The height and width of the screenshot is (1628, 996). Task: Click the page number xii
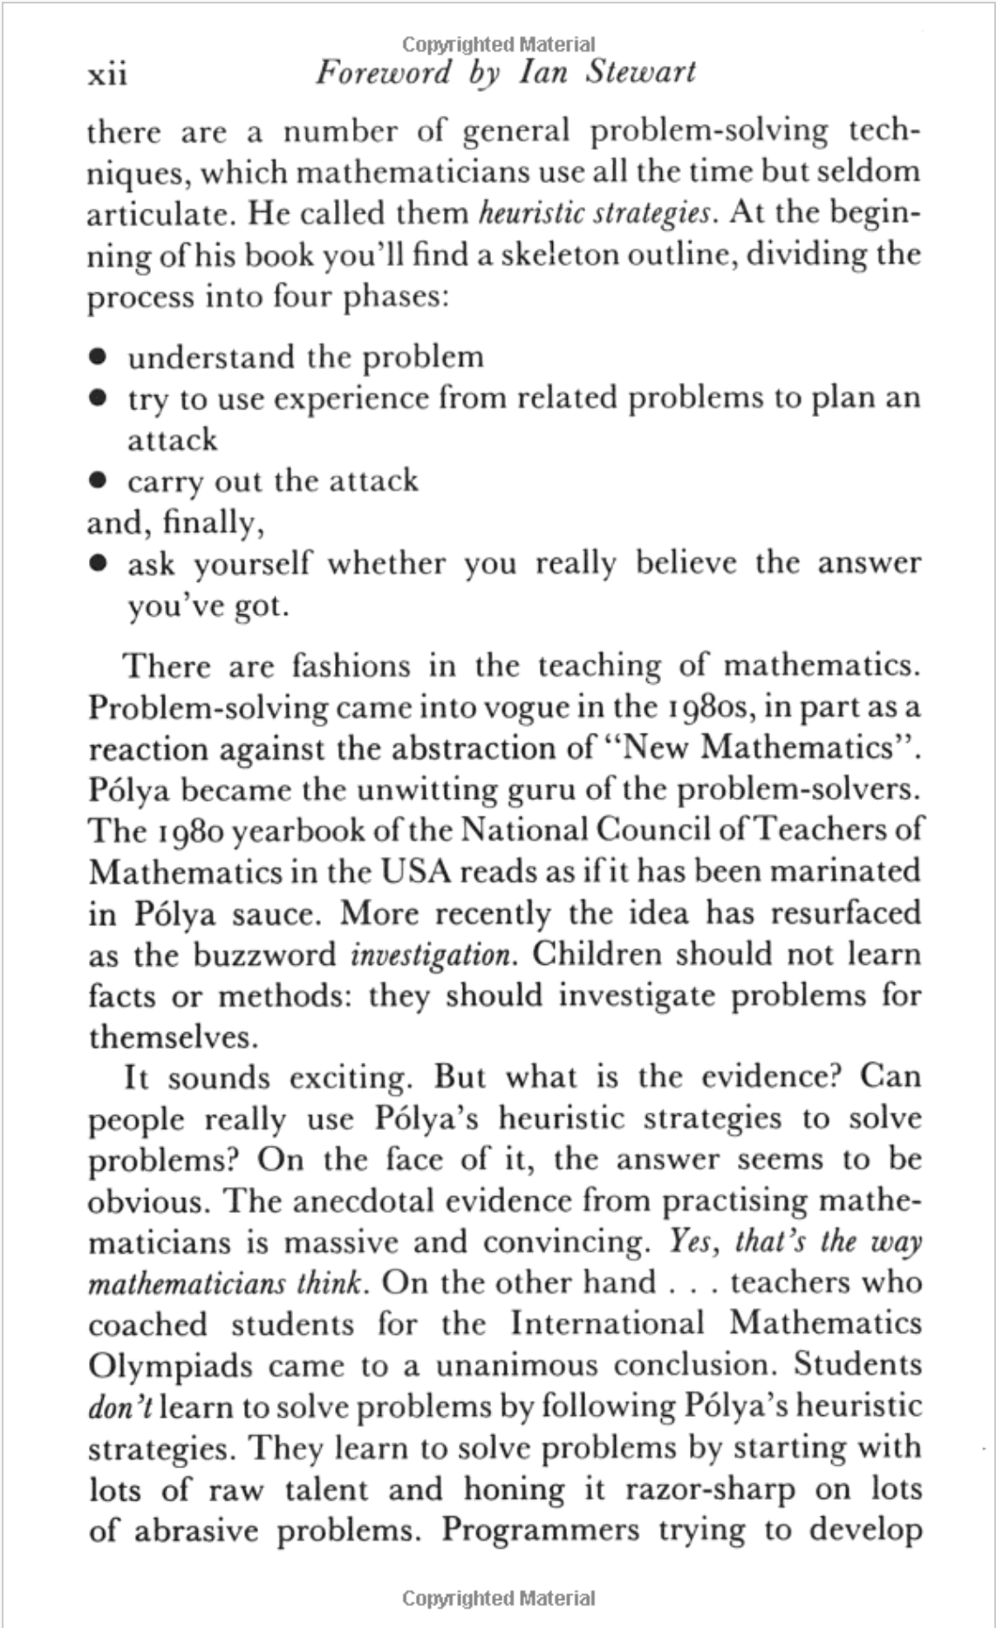(108, 74)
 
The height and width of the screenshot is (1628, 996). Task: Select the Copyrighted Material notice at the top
(498, 44)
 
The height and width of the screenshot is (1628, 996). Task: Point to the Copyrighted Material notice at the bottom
(498, 1598)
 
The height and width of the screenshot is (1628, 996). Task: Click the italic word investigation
(431, 954)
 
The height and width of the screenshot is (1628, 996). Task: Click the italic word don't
(120, 1406)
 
